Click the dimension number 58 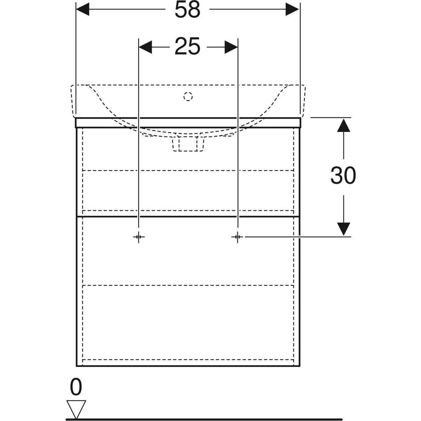click(187, 10)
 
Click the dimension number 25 click(187, 46)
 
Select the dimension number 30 click(343, 175)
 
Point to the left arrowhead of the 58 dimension click(82, 9)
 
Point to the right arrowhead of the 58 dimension click(292, 9)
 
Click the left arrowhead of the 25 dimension click(145, 47)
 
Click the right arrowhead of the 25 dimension click(231, 47)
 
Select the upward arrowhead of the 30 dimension click(343, 125)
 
